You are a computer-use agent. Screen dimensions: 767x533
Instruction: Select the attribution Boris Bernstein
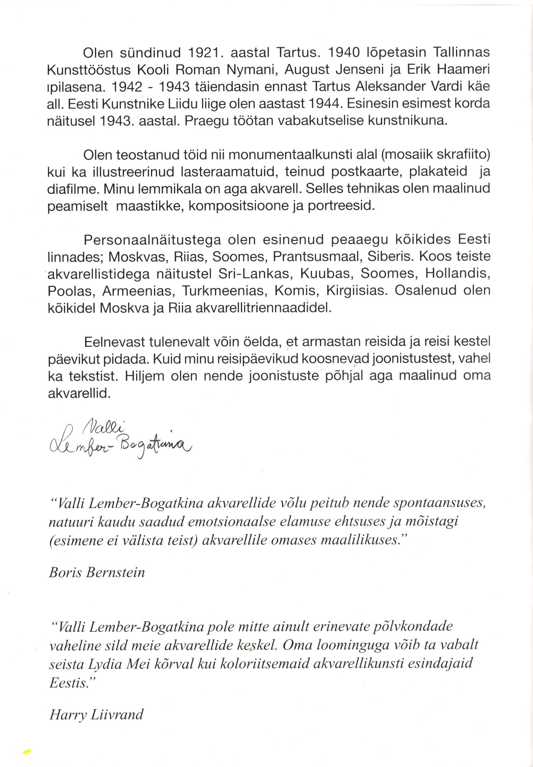pos(97,573)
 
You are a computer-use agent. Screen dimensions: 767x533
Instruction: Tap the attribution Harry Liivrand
pos(97,714)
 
